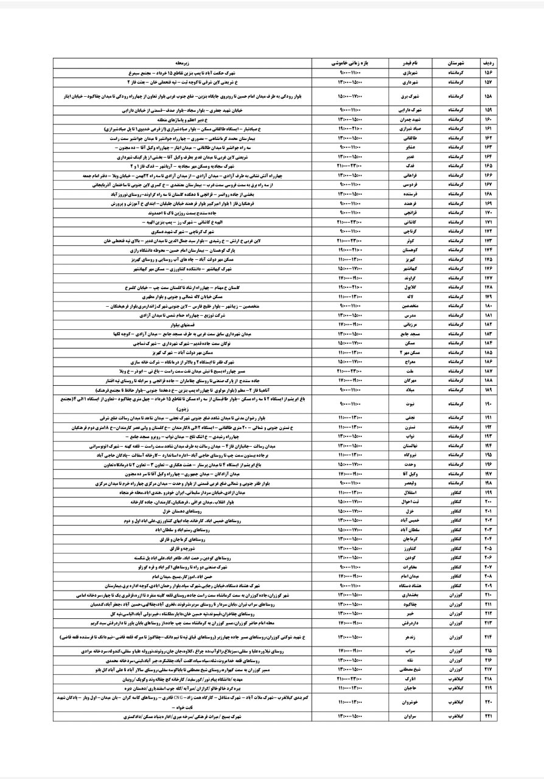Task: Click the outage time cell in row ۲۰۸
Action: coord(350,575)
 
